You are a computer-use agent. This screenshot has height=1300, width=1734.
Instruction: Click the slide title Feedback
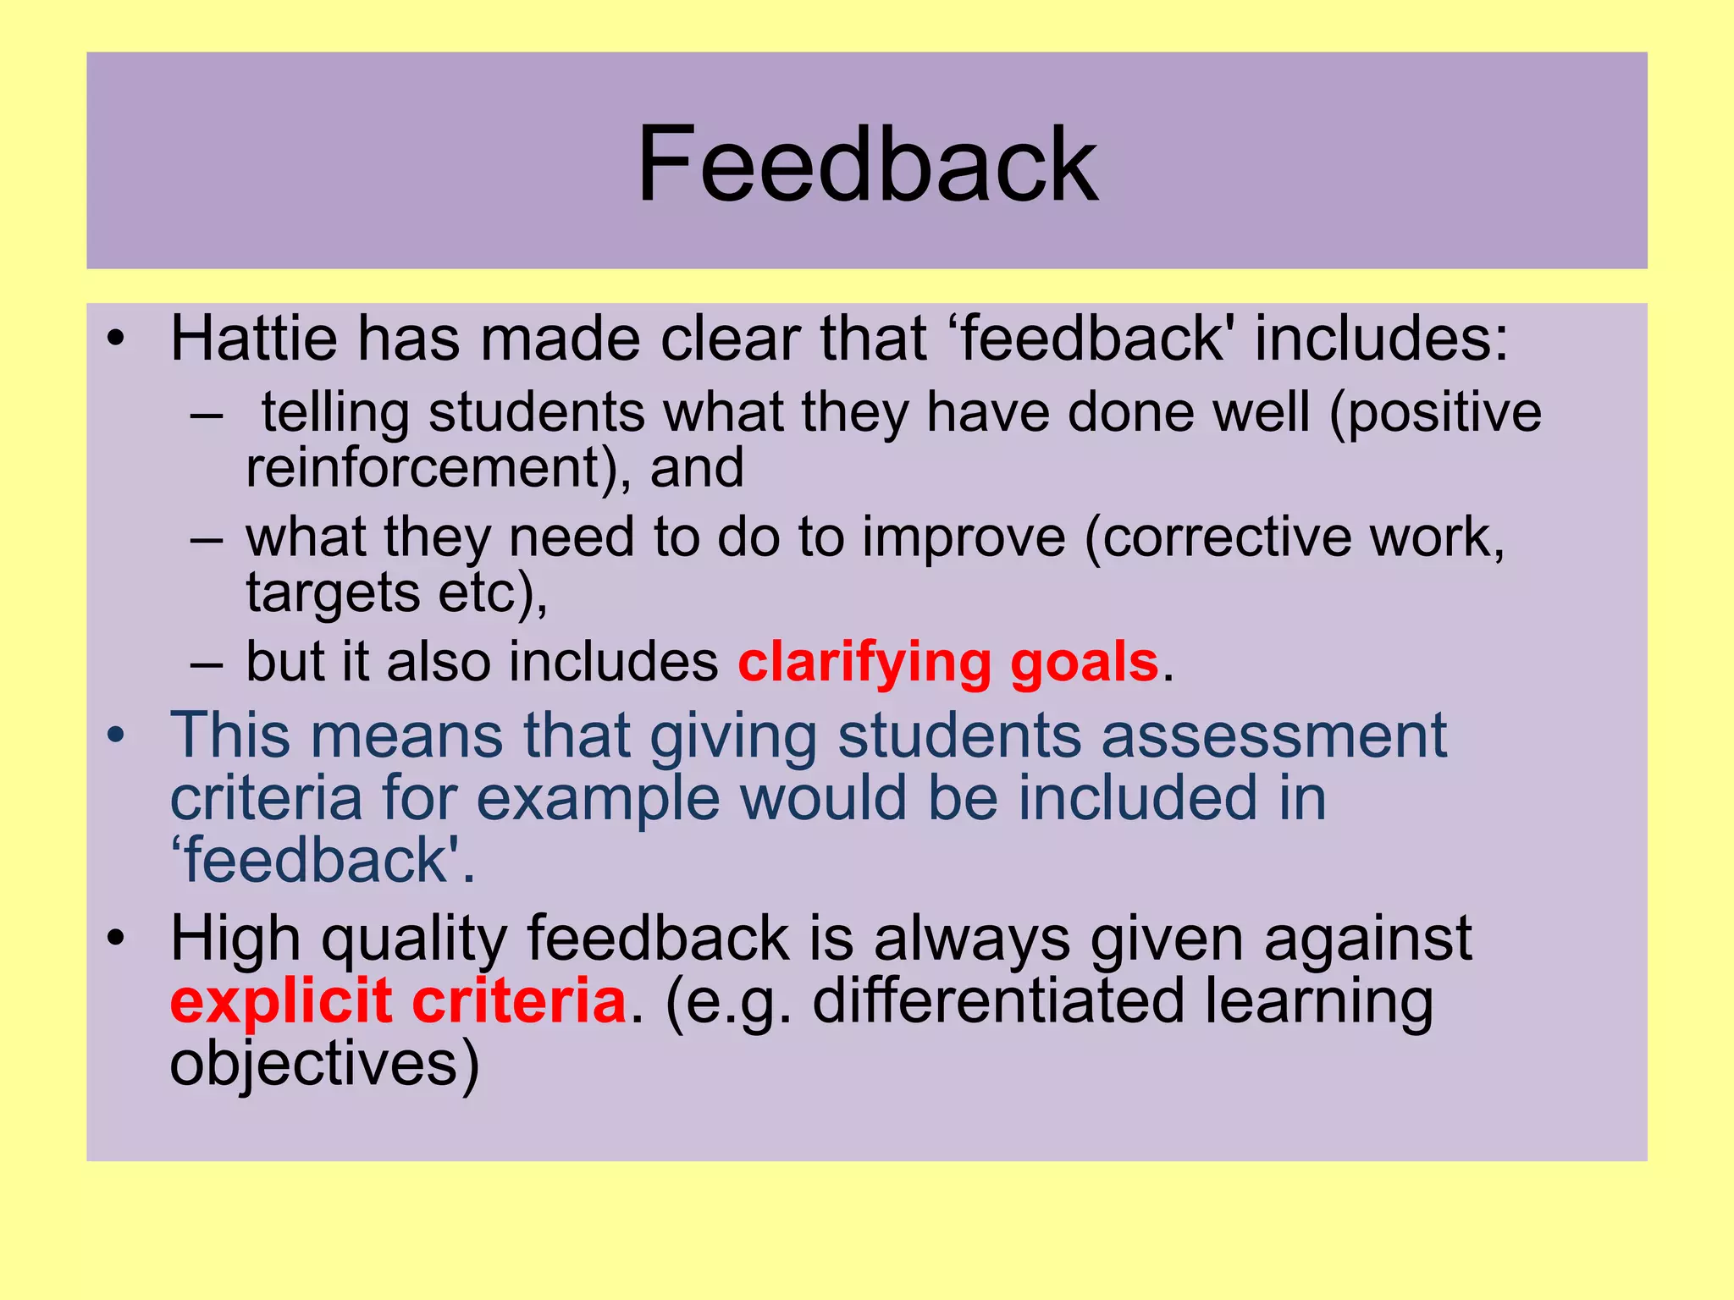867,164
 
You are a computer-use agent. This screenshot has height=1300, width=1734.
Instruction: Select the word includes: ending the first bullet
1381,339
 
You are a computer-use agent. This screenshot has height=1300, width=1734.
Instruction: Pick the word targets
333,592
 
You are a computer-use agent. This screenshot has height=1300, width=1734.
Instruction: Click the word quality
414,939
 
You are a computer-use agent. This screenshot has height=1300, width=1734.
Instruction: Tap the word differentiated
997,1001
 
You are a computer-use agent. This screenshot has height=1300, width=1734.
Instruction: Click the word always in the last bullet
971,939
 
